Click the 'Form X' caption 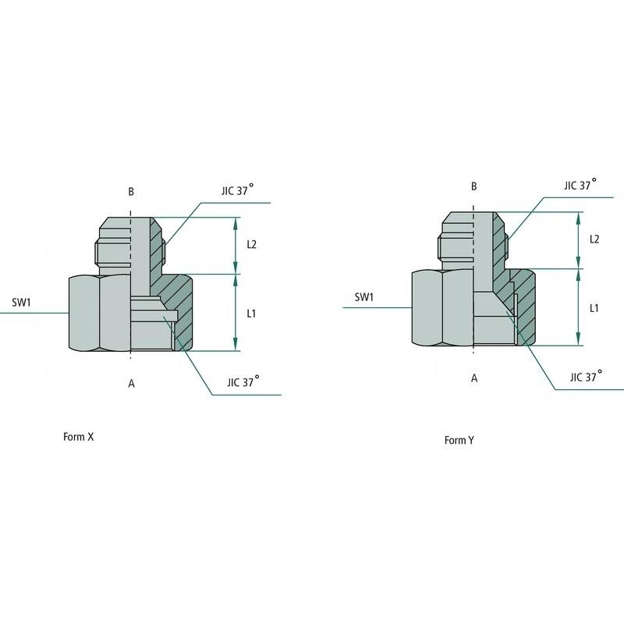(78, 437)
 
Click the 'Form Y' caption (459, 440)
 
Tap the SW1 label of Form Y (364, 297)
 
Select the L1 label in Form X (252, 314)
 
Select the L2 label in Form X (252, 244)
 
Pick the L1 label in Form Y (594, 308)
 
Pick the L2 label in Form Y (594, 239)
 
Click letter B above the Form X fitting (131, 191)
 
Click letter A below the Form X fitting (131, 382)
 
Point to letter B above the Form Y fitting (473, 186)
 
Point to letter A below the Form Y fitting (473, 378)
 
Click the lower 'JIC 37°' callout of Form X (243, 382)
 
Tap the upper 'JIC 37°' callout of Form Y (580, 185)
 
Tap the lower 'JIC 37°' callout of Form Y (587, 376)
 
